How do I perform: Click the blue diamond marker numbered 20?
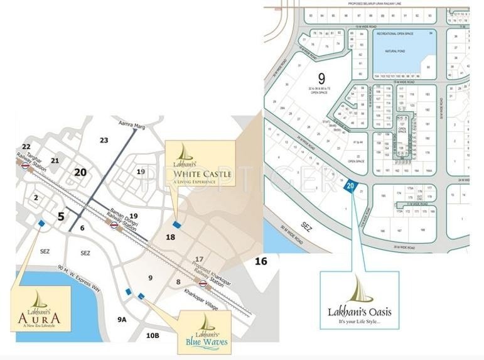[x=351, y=185]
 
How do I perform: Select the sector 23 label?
[x=104, y=140]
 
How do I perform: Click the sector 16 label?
[x=261, y=260]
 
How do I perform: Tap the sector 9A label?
[x=122, y=319]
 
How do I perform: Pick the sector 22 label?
[x=26, y=146]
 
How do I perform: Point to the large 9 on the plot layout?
[x=321, y=79]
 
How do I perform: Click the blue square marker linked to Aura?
[x=41, y=223]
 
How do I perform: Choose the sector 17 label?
[x=200, y=259]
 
